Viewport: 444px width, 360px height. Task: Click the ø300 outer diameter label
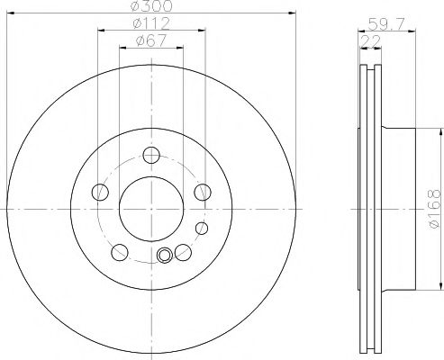[150, 7]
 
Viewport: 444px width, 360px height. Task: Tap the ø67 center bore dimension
[150, 40]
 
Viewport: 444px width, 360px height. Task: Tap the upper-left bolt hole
[100, 191]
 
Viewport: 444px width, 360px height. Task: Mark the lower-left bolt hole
[119, 251]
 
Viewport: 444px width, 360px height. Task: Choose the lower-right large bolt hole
[182, 251]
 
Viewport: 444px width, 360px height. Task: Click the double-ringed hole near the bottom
[164, 256]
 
